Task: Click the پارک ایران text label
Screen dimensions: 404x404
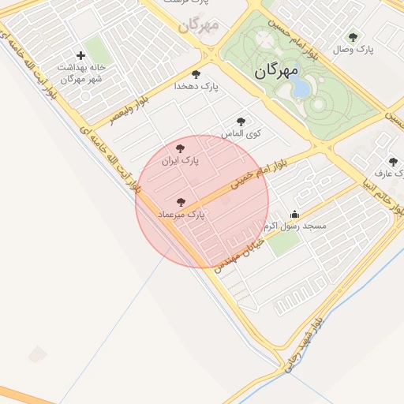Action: click(x=180, y=161)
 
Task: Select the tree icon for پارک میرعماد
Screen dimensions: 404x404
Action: click(x=182, y=203)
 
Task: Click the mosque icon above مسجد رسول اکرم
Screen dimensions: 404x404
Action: click(x=295, y=213)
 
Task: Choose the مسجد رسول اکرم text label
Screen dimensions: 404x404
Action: click(x=297, y=226)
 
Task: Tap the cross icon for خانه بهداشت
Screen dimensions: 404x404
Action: click(x=80, y=55)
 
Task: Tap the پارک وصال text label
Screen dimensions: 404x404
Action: click(x=353, y=49)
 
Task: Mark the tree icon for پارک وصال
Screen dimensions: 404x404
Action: click(x=353, y=36)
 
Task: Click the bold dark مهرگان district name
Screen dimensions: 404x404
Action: click(x=276, y=71)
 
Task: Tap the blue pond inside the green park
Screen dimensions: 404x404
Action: click(x=302, y=88)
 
